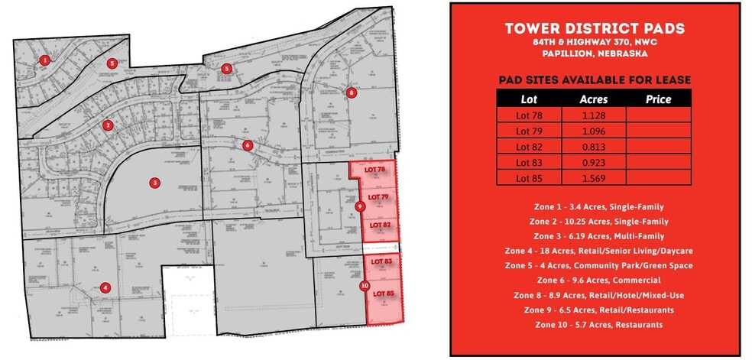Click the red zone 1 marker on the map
point(46,60)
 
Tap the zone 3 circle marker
point(154,183)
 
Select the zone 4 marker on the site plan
point(105,287)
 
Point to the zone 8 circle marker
point(352,92)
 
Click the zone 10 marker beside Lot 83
point(364,286)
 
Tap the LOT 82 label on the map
point(380,225)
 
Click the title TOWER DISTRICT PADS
point(595,29)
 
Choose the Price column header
point(658,99)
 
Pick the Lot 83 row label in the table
point(529,162)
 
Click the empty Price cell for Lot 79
point(658,131)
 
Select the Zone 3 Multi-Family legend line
point(595,236)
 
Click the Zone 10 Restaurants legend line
point(595,325)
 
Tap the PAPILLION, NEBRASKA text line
point(595,54)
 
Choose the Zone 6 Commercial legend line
point(595,281)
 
